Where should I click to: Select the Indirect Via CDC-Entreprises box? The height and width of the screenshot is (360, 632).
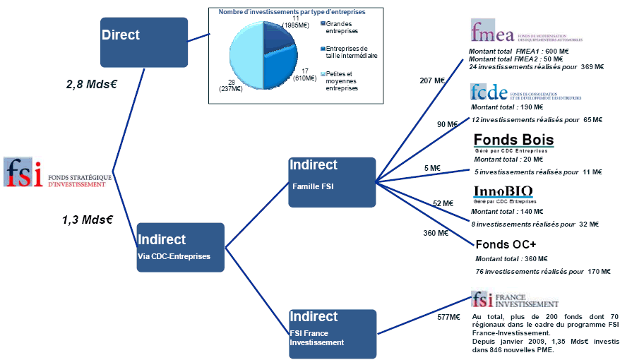[180, 247]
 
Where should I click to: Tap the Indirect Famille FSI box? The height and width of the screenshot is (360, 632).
[331, 181]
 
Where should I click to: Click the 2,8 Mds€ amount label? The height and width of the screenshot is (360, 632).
[91, 84]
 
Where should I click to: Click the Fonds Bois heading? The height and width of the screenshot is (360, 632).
[513, 140]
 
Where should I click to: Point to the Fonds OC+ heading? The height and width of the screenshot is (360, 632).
[506, 244]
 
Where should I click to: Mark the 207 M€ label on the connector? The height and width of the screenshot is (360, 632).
[431, 81]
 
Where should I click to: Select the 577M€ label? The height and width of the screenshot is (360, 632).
[448, 317]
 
